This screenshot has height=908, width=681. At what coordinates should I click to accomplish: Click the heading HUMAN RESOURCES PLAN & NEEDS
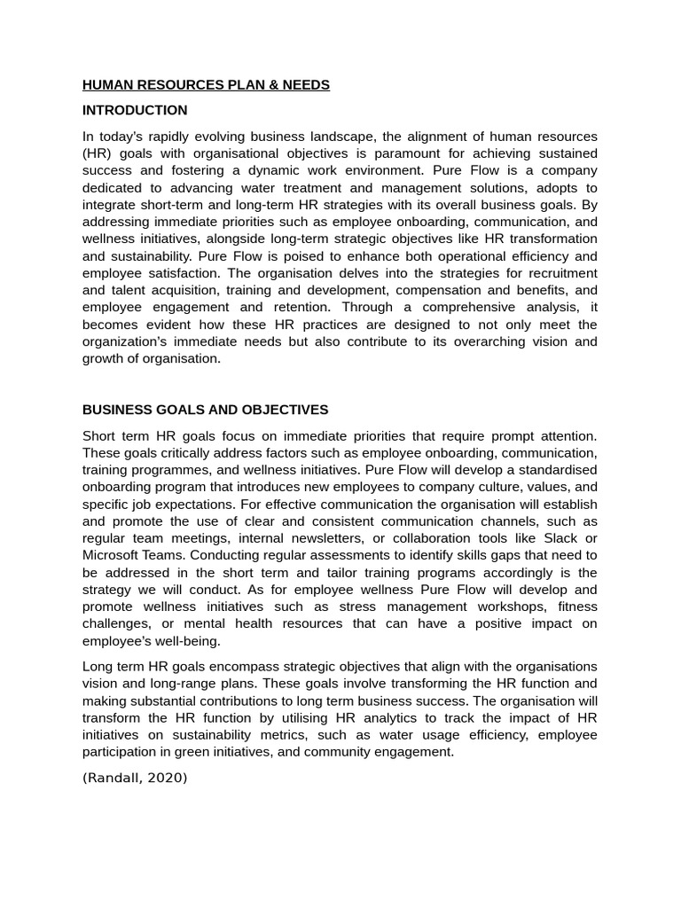(x=206, y=85)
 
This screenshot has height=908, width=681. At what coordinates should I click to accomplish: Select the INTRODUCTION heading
(x=135, y=111)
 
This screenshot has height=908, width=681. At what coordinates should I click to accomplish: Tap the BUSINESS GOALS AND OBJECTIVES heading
(x=205, y=411)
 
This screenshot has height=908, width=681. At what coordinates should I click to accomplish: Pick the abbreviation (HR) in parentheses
(x=97, y=153)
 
